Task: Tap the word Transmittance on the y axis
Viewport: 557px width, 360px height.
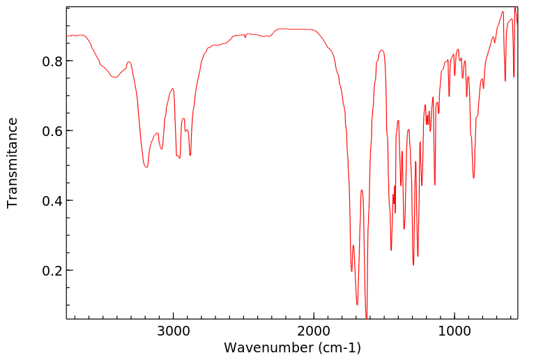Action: (x=13, y=163)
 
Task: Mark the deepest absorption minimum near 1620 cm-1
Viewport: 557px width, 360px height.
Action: (x=367, y=317)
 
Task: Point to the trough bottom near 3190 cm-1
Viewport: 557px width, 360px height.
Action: (x=146, y=167)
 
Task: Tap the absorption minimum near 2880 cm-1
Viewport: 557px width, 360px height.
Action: (x=190, y=155)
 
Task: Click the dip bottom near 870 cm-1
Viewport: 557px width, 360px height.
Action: (x=473, y=178)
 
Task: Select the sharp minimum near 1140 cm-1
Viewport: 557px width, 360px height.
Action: (x=435, y=184)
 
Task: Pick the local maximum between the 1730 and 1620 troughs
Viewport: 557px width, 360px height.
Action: (x=362, y=190)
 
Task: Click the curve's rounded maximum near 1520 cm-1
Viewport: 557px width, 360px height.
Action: (x=381, y=50)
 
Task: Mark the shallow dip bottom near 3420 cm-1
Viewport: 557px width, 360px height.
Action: (x=115, y=77)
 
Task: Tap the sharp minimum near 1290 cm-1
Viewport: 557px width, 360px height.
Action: (x=413, y=265)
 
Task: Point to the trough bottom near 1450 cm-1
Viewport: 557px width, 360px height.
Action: (x=391, y=250)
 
